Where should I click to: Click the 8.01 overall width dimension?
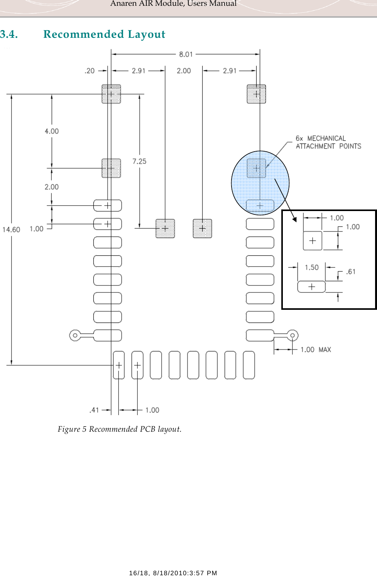(186, 54)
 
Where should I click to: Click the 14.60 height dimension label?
(11, 230)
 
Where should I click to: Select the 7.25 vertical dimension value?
(139, 161)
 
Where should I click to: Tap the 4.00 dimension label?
(52, 131)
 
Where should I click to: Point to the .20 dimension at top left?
(90, 71)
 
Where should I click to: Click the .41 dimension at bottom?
(94, 410)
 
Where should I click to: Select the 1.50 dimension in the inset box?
(312, 267)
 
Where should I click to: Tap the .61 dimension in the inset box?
(351, 272)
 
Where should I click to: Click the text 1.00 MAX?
(316, 350)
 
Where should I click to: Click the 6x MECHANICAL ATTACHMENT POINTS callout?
(328, 142)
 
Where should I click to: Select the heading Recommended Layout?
(104, 34)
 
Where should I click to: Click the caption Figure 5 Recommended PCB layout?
(120, 429)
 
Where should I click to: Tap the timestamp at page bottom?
(173, 573)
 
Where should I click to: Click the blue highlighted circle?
(260, 183)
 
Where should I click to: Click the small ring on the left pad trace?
(75, 335)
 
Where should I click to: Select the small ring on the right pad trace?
(292, 335)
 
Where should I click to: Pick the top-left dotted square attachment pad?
(111, 94)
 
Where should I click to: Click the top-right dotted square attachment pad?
(256, 94)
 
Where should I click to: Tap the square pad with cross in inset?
(313, 241)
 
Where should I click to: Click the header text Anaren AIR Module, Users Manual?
(173, 4)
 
